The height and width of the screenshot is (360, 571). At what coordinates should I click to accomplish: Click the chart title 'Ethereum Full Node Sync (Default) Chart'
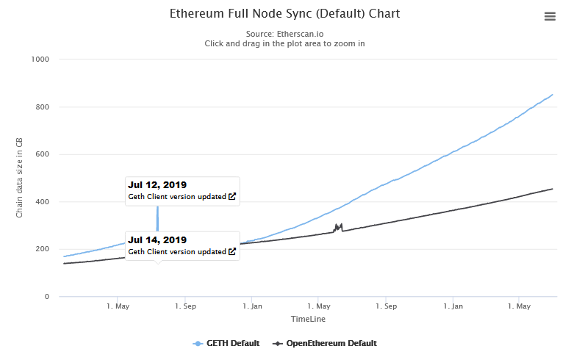pos(284,14)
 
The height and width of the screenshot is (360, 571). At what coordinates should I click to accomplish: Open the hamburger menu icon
pos(550,16)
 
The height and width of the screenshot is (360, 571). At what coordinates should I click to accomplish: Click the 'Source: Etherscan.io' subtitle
pos(284,33)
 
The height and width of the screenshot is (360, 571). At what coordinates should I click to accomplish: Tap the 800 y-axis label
pos(41,107)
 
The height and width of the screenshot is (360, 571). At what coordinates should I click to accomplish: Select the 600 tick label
pos(41,154)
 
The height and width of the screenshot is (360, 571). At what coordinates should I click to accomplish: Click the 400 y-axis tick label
pos(41,202)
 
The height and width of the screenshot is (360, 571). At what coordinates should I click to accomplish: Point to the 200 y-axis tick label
pos(41,249)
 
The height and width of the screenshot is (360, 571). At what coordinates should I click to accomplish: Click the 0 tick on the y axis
pos(46,297)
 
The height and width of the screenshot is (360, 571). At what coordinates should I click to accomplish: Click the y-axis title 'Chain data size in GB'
pos(20,179)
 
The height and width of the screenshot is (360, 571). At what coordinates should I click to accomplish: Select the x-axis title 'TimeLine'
pos(308,320)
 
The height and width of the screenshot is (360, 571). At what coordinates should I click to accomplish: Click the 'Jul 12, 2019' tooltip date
pos(157,185)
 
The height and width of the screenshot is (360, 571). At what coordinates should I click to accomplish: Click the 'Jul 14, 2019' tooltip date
pos(157,240)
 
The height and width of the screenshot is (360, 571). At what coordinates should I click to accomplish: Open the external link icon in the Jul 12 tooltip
pos(232,197)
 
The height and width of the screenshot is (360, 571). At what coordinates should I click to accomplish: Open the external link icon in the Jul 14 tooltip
pos(232,252)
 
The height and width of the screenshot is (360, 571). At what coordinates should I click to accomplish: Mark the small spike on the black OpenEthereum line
pos(338,226)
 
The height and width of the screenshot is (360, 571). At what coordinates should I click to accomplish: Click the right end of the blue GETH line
pos(553,94)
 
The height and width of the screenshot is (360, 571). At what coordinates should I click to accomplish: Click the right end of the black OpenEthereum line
pos(553,189)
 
